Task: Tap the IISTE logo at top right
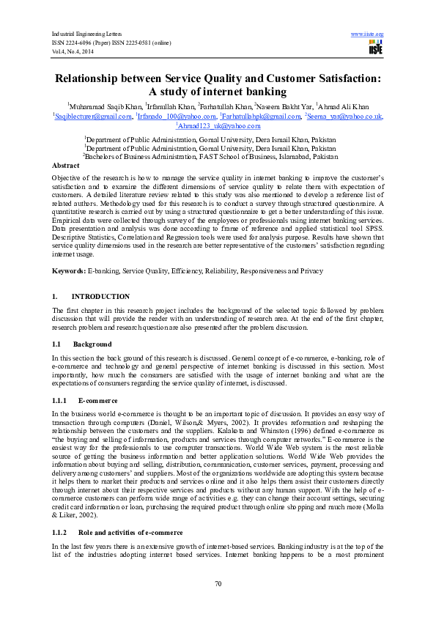377,47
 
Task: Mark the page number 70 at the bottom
218,603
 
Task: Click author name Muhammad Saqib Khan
105,106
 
